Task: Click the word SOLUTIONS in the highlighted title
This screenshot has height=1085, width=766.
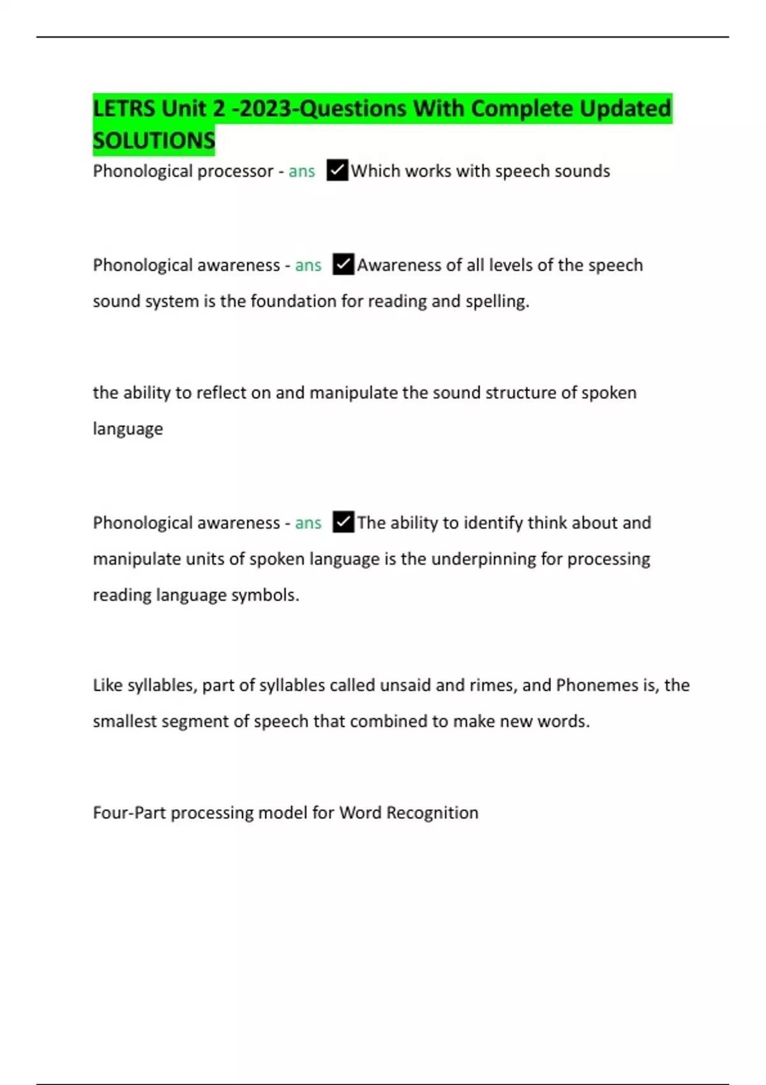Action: point(154,140)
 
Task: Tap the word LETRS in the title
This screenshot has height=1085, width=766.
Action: point(124,108)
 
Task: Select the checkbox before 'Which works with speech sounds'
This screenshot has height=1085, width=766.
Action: point(337,170)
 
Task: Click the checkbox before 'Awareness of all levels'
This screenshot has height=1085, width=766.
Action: point(343,264)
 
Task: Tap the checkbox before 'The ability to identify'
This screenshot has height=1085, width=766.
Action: point(343,522)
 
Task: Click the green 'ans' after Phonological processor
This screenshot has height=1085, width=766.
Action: point(302,171)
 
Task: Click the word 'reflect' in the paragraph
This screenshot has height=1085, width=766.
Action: point(221,393)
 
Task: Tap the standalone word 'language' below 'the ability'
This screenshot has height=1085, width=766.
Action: point(128,429)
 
